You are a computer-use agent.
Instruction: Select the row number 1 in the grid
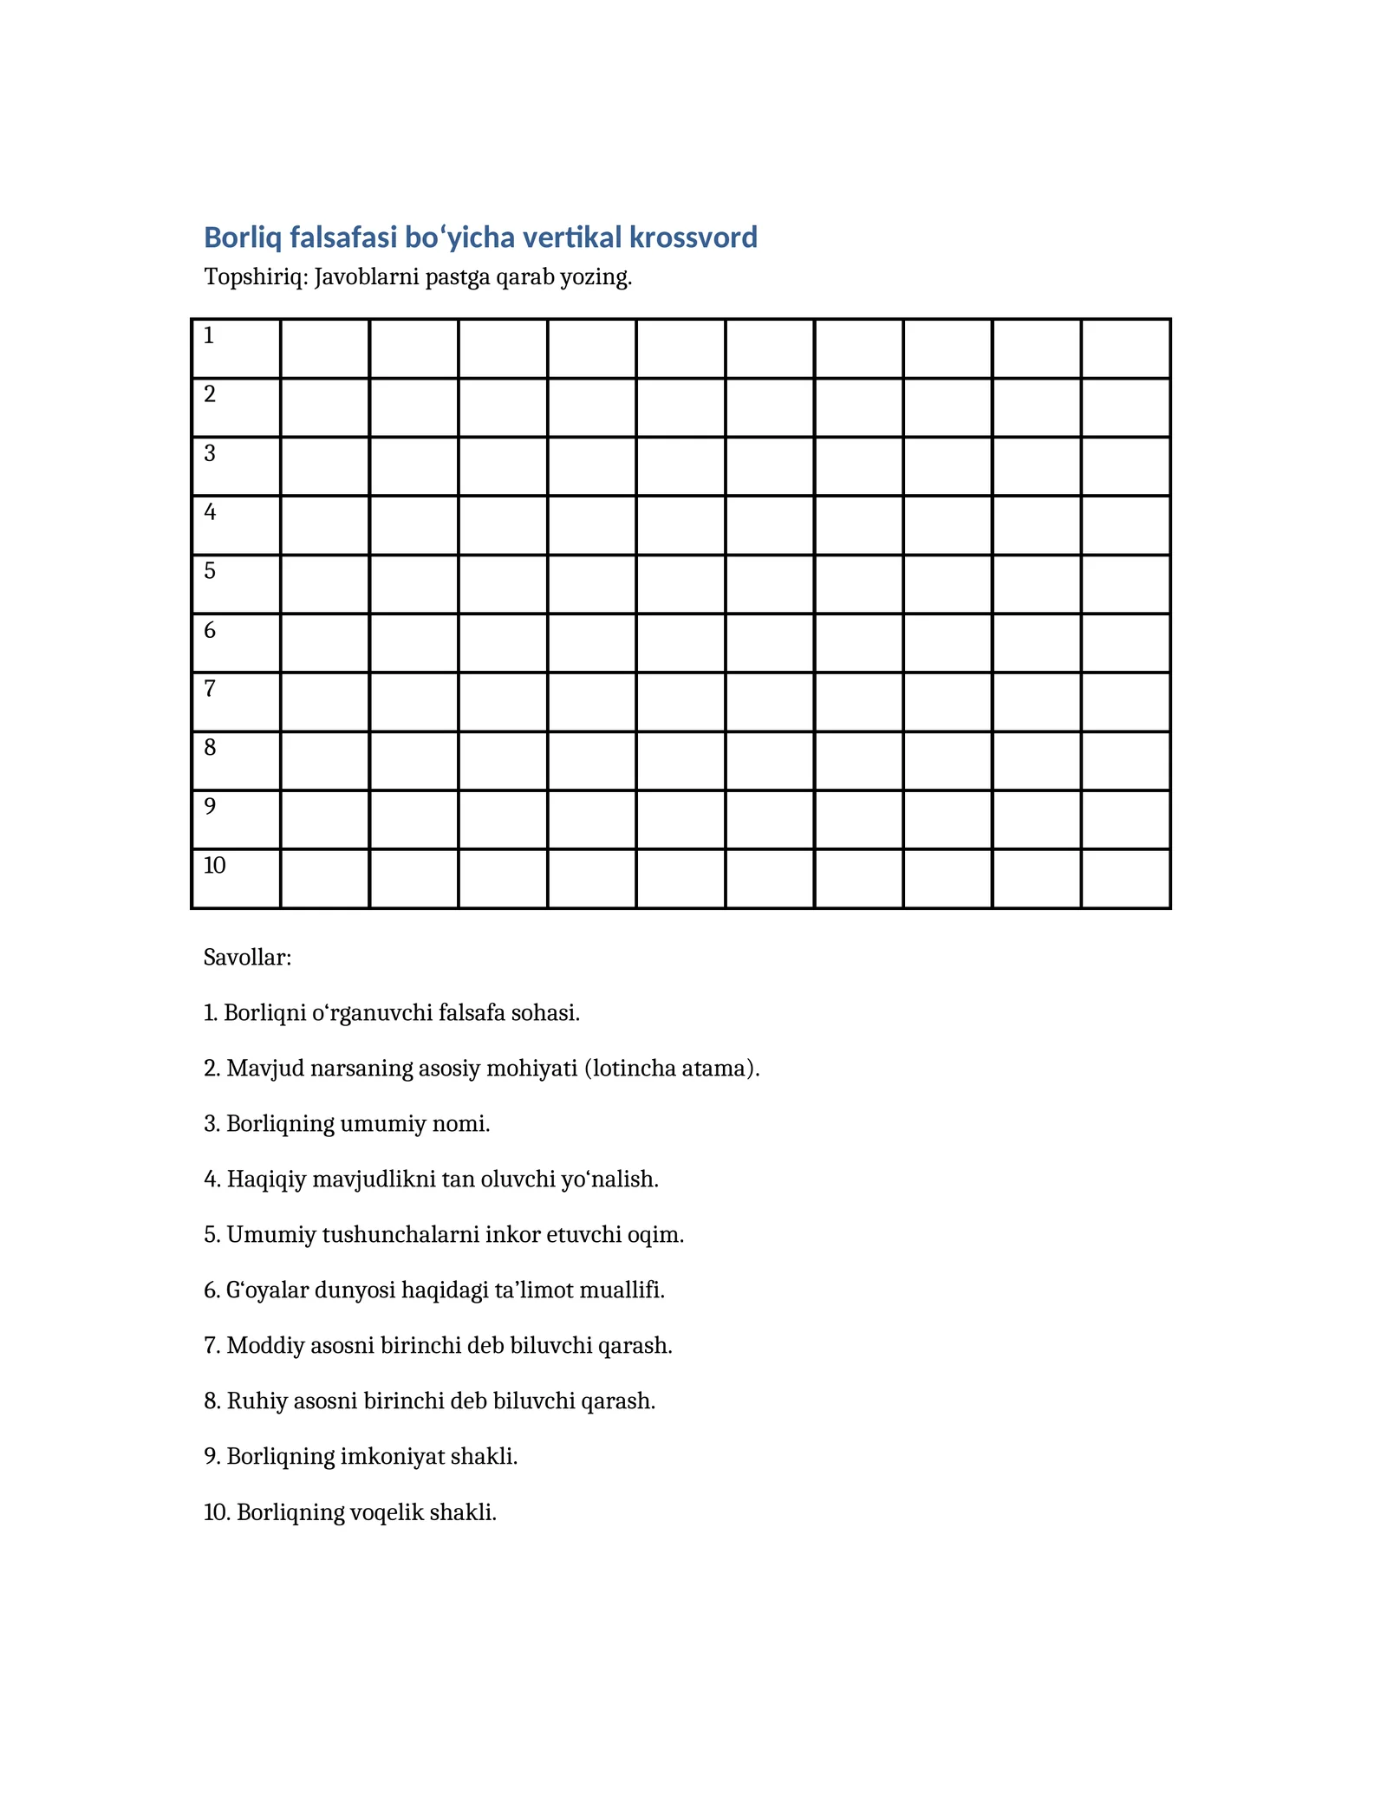point(209,335)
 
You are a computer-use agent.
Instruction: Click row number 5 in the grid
point(209,571)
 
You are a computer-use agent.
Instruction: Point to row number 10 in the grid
point(215,865)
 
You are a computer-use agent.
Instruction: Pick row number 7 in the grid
point(209,689)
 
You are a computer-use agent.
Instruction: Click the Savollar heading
point(247,958)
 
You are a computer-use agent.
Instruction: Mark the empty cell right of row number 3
point(325,466)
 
